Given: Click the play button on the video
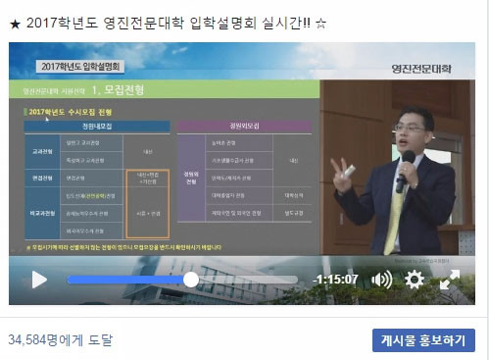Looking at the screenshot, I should point(39,280).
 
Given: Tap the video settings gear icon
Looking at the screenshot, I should point(415,280).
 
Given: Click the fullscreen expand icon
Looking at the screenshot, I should point(450,280).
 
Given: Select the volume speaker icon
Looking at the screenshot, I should point(381,280).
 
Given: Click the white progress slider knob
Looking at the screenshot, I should point(191,280).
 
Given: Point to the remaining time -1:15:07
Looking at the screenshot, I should point(334,280).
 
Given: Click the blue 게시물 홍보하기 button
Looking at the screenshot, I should point(423,340).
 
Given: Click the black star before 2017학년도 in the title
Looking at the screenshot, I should point(14,21).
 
